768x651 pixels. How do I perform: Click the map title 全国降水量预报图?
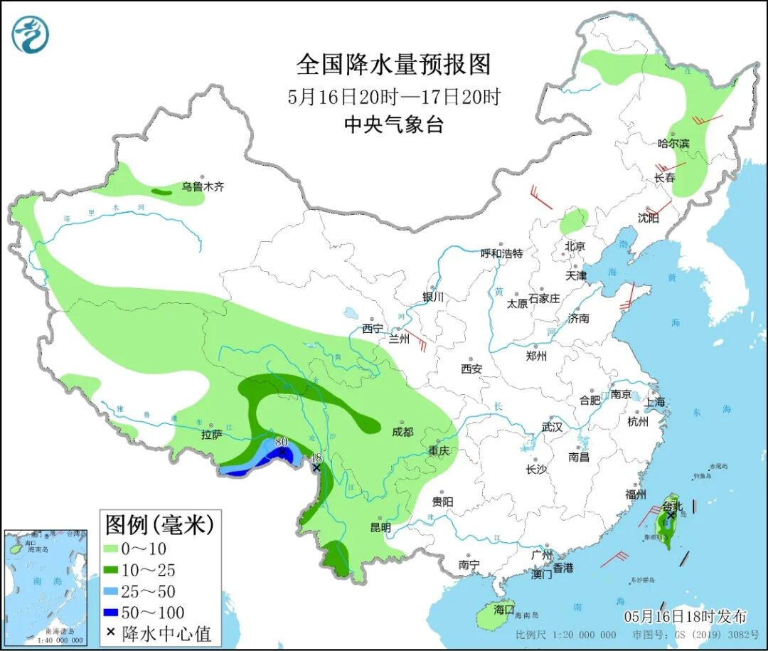(x=393, y=65)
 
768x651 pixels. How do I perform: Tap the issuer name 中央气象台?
(x=393, y=125)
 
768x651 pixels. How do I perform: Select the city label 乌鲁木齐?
(x=202, y=187)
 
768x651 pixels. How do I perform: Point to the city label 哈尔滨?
(x=673, y=144)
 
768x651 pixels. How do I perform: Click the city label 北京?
(x=574, y=246)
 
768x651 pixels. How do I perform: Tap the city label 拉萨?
(x=212, y=435)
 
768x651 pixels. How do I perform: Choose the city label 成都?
(x=402, y=431)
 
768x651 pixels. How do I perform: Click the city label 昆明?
(x=380, y=527)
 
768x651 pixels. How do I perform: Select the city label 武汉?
(x=551, y=427)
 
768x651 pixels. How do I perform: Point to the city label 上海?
(x=654, y=402)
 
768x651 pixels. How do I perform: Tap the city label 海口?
(x=503, y=610)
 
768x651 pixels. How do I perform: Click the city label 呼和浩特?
(x=501, y=253)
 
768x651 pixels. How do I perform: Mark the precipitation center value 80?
(x=281, y=442)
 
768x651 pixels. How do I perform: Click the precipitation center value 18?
(x=317, y=457)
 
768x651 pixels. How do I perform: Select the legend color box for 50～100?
(x=112, y=613)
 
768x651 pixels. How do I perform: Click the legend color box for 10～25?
(x=112, y=570)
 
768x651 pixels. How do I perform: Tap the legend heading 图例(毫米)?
(x=159, y=526)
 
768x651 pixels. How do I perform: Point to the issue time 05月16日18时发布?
(x=685, y=616)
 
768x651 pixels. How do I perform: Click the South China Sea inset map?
(x=45, y=587)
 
